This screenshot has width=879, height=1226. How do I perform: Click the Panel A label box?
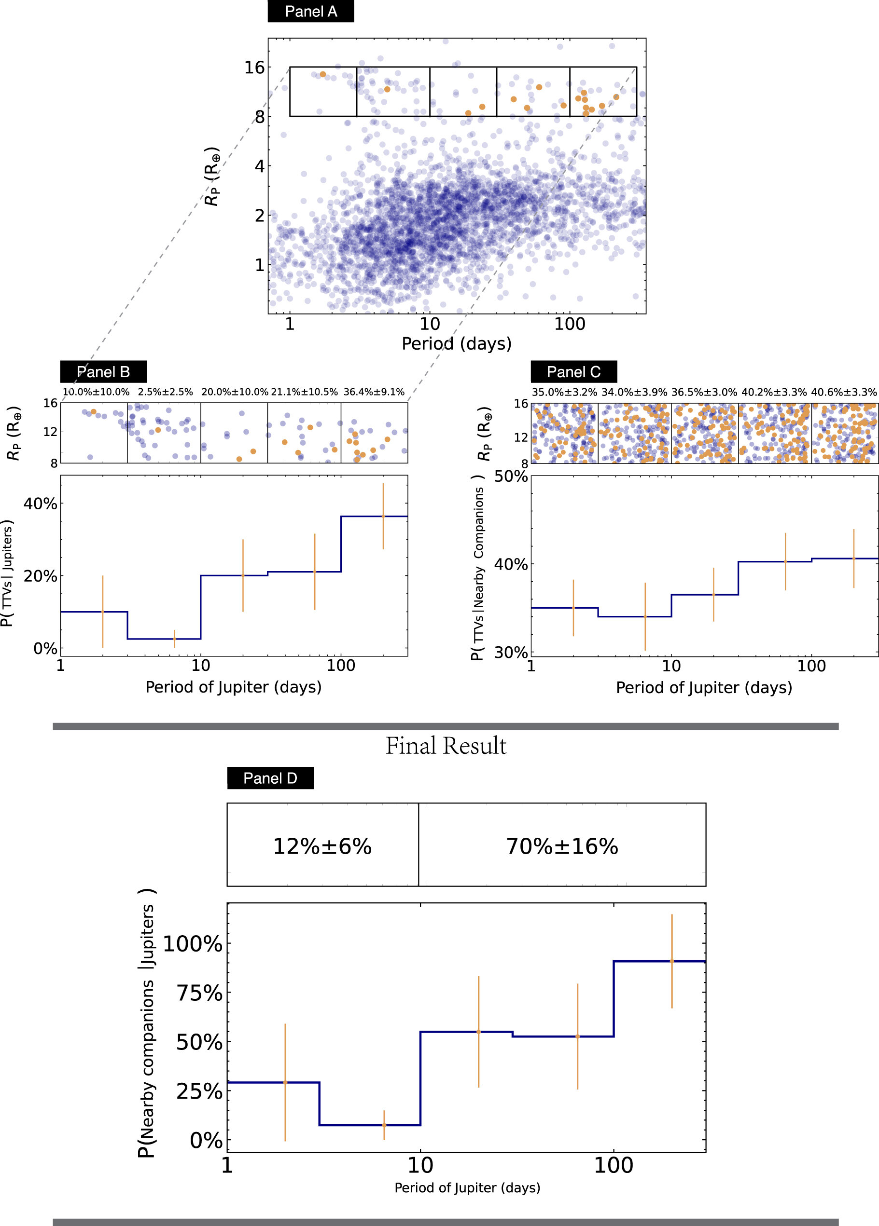(x=310, y=12)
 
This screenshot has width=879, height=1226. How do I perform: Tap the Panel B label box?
(x=103, y=372)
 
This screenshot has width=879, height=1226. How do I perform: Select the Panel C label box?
(x=573, y=372)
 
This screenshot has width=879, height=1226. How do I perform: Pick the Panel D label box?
(x=270, y=778)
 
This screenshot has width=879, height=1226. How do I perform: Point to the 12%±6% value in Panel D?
(x=322, y=846)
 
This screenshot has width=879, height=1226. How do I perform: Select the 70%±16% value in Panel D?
(x=562, y=846)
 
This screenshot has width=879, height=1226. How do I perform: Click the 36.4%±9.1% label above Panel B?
(x=374, y=392)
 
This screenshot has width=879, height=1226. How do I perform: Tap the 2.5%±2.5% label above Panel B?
(x=165, y=392)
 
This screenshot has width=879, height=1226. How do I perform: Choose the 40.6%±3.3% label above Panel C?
(x=844, y=392)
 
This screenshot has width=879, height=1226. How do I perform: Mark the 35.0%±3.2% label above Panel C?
(x=564, y=392)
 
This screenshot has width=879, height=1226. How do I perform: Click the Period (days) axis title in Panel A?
(x=457, y=344)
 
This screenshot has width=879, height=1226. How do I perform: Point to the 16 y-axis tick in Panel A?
(x=254, y=68)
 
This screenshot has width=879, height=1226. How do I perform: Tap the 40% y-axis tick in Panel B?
(x=41, y=504)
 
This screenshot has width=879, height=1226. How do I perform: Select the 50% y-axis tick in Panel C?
(x=511, y=476)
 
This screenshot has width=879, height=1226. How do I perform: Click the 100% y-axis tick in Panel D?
(x=193, y=944)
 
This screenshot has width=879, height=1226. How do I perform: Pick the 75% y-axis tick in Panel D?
(x=199, y=993)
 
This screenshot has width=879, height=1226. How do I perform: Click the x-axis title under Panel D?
(x=467, y=1187)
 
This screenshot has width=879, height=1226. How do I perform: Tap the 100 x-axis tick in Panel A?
(x=570, y=324)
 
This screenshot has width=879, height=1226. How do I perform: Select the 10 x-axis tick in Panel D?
(x=420, y=1165)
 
